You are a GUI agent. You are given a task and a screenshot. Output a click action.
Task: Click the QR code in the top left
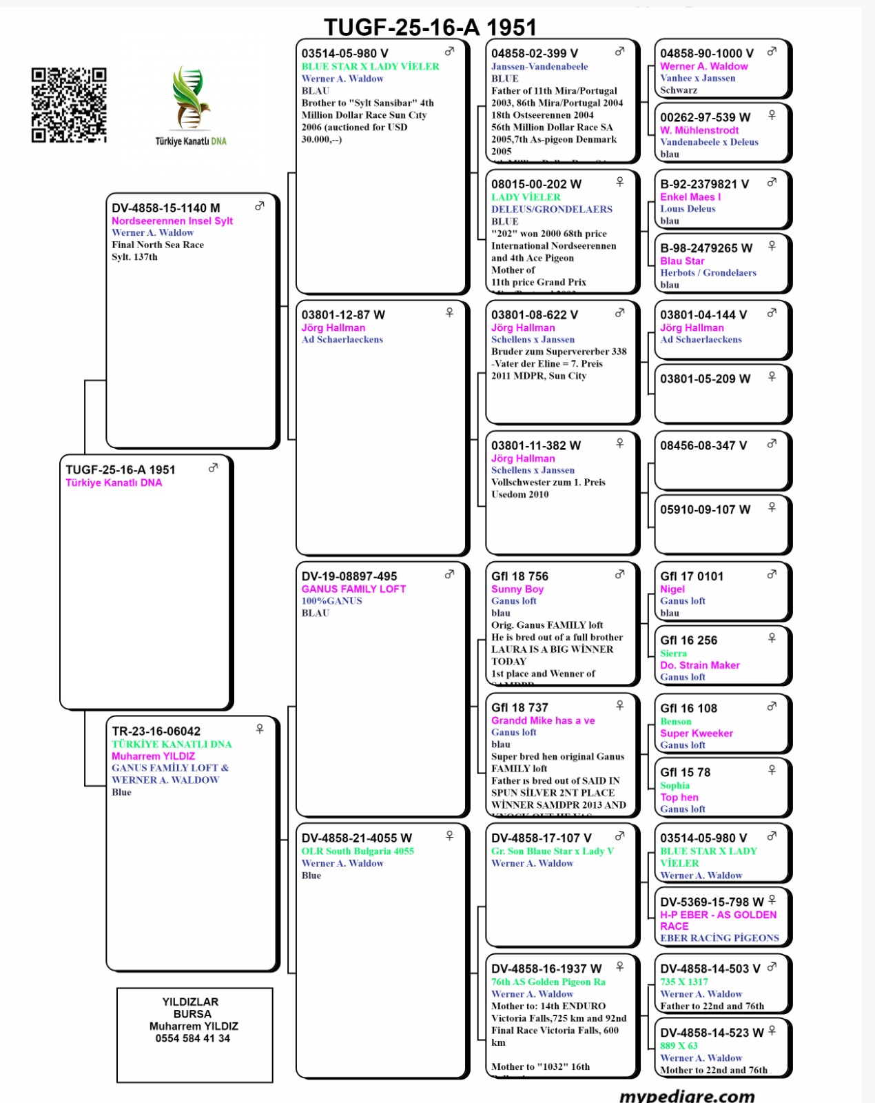69,105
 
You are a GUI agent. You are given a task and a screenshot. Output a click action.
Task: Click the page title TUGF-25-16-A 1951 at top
430,28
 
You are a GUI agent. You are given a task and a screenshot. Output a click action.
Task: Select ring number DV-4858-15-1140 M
166,208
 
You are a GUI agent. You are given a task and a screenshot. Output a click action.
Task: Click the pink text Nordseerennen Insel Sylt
172,221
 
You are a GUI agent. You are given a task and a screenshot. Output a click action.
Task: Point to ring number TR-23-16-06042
156,731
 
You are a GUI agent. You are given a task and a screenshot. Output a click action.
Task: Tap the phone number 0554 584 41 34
193,1038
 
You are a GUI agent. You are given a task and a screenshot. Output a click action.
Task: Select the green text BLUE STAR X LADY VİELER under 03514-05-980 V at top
370,67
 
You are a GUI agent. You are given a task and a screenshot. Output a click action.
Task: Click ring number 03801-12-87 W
343,315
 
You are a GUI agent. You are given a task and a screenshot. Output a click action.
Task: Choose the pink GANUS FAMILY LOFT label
353,589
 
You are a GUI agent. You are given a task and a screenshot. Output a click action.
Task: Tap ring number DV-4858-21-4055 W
357,838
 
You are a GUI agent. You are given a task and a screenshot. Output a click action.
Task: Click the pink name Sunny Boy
517,589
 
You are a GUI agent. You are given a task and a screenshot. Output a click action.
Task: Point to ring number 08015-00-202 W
536,185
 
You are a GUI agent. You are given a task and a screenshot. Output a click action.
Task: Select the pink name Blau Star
682,261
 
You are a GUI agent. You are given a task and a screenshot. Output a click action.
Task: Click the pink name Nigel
672,589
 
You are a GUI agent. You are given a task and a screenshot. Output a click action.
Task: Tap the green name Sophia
675,786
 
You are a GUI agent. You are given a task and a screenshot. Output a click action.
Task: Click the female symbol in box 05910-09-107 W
772,507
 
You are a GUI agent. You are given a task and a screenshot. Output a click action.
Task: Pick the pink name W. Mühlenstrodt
699,130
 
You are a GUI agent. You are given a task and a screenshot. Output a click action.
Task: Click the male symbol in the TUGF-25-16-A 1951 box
214,468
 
